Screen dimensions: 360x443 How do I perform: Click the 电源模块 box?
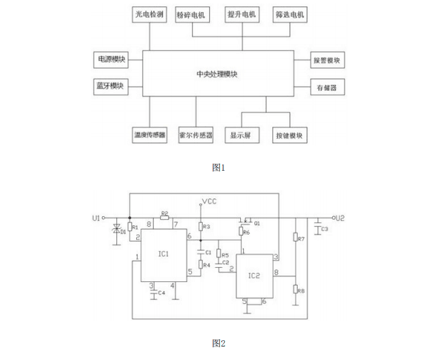click(110, 60)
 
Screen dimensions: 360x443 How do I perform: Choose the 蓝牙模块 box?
click(110, 86)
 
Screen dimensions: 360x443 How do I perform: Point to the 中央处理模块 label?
click(218, 74)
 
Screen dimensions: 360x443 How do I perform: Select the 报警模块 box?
click(327, 60)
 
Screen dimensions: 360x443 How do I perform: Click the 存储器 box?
click(327, 89)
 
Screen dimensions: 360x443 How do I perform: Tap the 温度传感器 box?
click(150, 135)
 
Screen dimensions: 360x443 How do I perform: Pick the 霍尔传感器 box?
click(196, 135)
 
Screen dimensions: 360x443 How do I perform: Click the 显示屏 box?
click(241, 135)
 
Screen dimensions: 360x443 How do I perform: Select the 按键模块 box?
click(289, 135)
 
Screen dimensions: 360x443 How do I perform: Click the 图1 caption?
click(218, 168)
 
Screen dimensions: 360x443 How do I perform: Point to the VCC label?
click(209, 202)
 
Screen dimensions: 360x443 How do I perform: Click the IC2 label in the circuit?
click(255, 275)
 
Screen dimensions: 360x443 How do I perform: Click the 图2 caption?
click(218, 344)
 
